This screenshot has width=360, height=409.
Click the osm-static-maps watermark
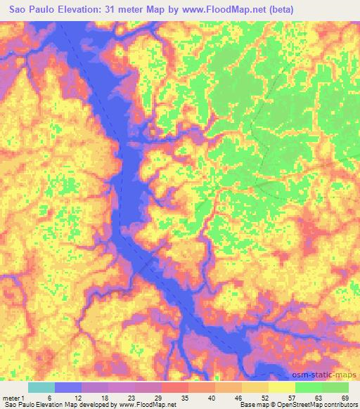pyautogui.click(x=330, y=376)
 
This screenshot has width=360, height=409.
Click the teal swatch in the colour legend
pyautogui.click(x=41, y=387)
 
